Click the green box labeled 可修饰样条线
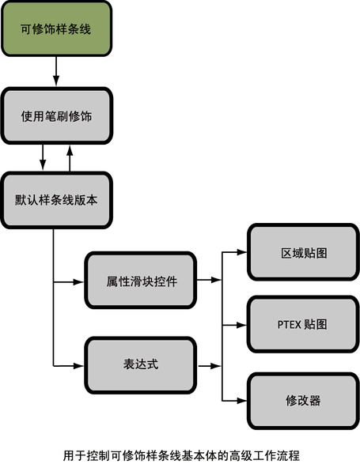click(x=56, y=28)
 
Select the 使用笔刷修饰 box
click(x=57, y=116)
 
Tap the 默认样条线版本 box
click(x=56, y=200)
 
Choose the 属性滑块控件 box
click(x=141, y=281)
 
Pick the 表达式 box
click(x=141, y=365)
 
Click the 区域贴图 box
click(x=303, y=252)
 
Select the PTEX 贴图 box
click(x=303, y=324)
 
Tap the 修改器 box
click(x=303, y=401)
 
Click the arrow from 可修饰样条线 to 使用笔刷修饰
click(x=56, y=72)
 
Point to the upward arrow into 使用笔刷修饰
click(x=70, y=158)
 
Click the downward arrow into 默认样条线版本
click(x=43, y=158)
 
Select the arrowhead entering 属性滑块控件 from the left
click(x=78, y=282)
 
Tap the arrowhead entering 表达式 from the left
click(x=78, y=366)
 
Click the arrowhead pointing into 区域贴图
click(x=241, y=252)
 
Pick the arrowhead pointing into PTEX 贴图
click(x=241, y=325)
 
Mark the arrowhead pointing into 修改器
click(x=241, y=401)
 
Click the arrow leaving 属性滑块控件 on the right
click(x=209, y=280)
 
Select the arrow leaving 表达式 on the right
click(x=210, y=366)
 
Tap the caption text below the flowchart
click(x=181, y=455)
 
